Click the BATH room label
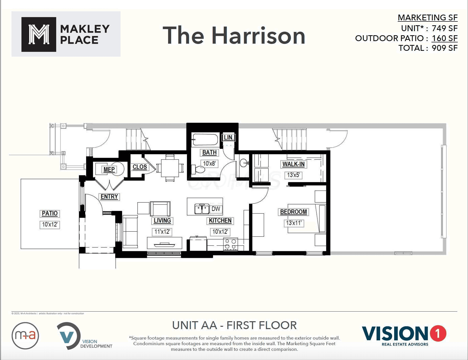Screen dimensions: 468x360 pyautogui.click(x=209, y=152)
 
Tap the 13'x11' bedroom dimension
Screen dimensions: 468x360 pyautogui.click(x=294, y=223)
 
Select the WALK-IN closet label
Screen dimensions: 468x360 pyautogui.click(x=294, y=164)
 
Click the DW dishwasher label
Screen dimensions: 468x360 pyautogui.click(x=216, y=209)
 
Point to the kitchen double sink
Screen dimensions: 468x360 pyautogui.click(x=202, y=209)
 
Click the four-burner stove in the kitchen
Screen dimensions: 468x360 pyautogui.click(x=230, y=244)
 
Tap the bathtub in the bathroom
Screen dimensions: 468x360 pyautogui.click(x=205, y=139)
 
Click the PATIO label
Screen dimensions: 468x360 pyautogui.click(x=50, y=213)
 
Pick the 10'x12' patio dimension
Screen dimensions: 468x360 pyautogui.click(x=50, y=225)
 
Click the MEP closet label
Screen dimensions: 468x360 pyautogui.click(x=109, y=170)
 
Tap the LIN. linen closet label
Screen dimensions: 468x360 pyautogui.click(x=228, y=137)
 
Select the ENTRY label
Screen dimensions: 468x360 pyautogui.click(x=109, y=197)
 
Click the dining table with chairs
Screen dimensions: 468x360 pyautogui.click(x=170, y=168)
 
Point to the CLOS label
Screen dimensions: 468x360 pyautogui.click(x=140, y=167)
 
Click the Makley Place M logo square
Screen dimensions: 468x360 pyautogui.click(x=39, y=34)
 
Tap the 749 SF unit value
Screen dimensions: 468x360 pyautogui.click(x=444, y=28)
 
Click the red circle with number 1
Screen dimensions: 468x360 pyautogui.click(x=438, y=333)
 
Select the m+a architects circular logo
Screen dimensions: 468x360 pyautogui.click(x=25, y=335)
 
